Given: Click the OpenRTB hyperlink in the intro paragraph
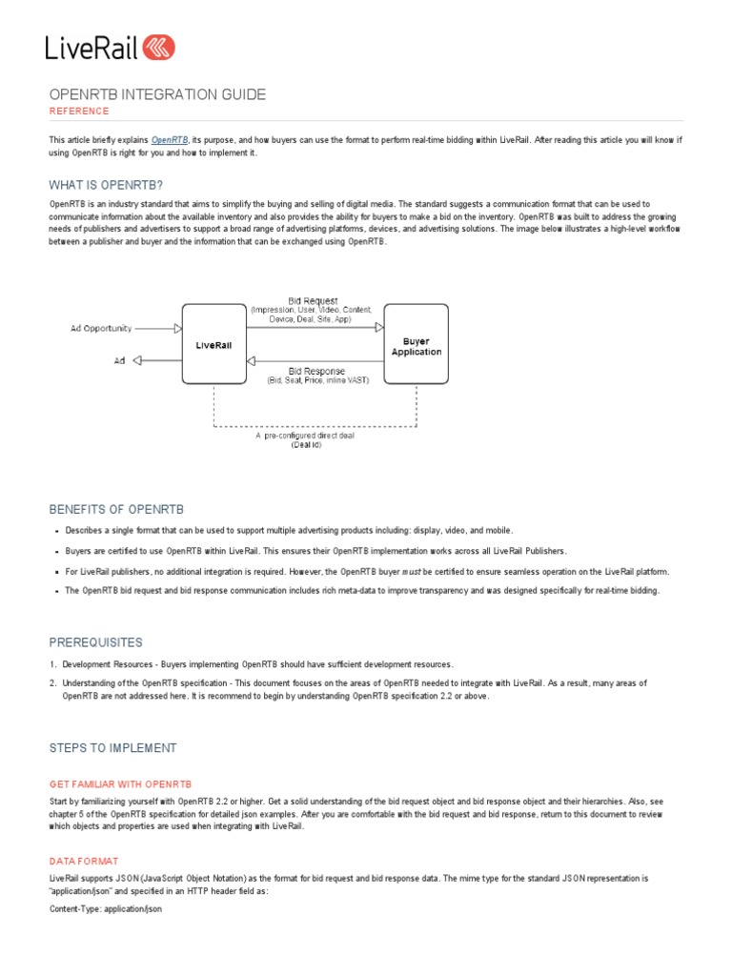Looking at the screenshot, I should [x=170, y=140].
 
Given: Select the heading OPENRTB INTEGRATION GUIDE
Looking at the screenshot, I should [x=157, y=94].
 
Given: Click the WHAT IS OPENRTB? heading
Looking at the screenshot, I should [x=112, y=184].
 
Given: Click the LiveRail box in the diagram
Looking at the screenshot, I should [x=213, y=345].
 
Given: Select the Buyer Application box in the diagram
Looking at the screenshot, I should [x=417, y=345].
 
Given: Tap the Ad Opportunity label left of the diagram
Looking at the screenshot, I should [x=101, y=328].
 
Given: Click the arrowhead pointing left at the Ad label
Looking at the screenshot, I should [x=137, y=360].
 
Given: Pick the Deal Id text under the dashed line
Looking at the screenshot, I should [x=306, y=444].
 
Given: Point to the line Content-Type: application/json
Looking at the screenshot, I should [x=106, y=909].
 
